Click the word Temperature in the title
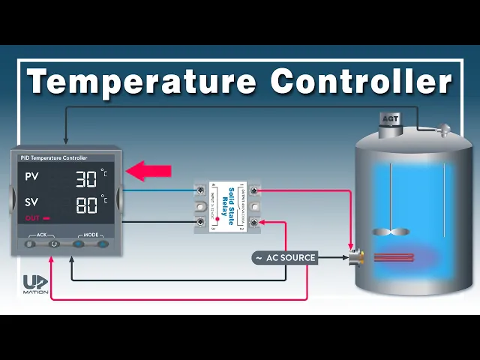pyautogui.click(x=142, y=80)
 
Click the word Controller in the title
pyautogui.click(x=361, y=80)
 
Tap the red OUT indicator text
pyautogui.click(x=33, y=219)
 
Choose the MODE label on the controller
pyautogui.click(x=90, y=235)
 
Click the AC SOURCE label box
pyautogui.click(x=285, y=258)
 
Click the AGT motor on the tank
pyautogui.click(x=390, y=121)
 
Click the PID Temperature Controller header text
pyautogui.click(x=54, y=158)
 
